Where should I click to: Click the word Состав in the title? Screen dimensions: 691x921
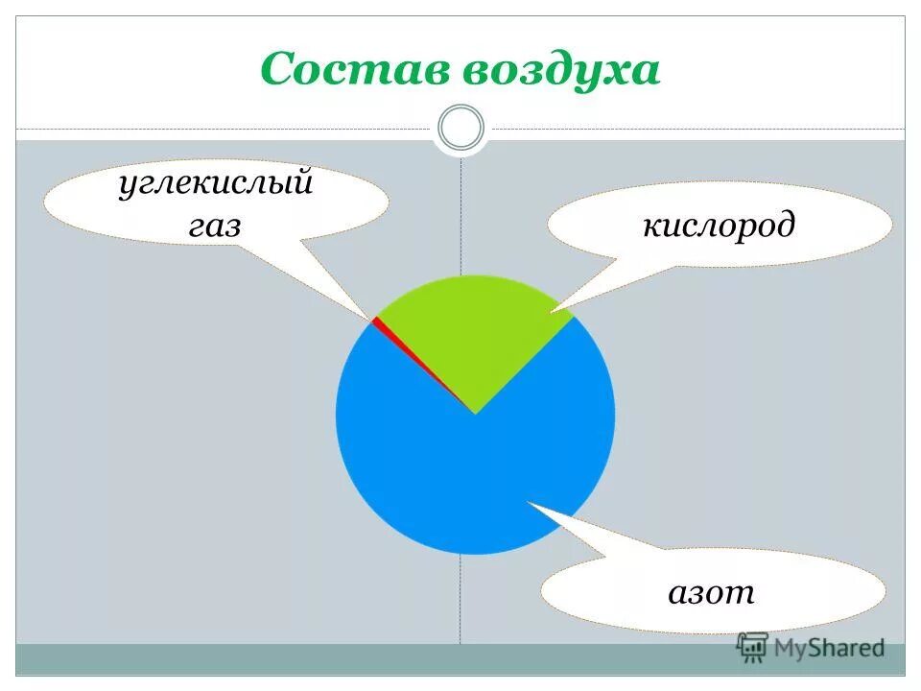coord(354,70)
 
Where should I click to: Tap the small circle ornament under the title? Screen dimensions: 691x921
coord(460,128)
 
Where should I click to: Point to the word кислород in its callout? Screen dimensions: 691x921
coord(719,226)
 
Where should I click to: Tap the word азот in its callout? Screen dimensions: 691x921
coord(711,592)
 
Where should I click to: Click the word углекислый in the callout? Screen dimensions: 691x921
coord(216,183)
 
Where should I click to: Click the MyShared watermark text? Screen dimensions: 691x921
coord(829,649)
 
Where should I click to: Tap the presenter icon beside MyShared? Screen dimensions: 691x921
coord(752,648)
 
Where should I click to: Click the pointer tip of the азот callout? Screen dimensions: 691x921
coord(527,502)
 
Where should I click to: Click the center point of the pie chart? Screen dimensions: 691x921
coord(475,415)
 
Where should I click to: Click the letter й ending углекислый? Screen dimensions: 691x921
coord(301,182)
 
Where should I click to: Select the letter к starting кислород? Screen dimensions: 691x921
coord(649,227)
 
